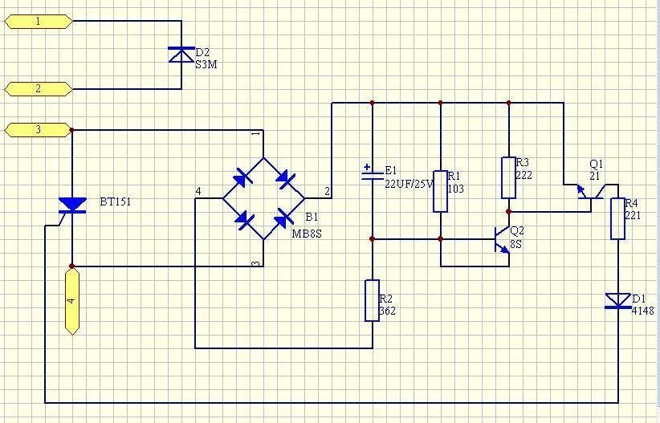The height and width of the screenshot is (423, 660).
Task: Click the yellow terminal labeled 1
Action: [x=39, y=22]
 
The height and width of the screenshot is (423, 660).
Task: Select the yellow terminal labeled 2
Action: [x=39, y=89]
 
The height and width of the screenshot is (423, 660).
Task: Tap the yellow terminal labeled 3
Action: [x=39, y=130]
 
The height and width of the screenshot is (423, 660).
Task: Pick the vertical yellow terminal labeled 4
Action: [x=72, y=301]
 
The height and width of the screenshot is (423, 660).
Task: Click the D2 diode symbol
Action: [x=181, y=55]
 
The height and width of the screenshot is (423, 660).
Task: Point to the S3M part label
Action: [x=206, y=65]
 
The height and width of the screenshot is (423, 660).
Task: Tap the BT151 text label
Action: [x=116, y=201]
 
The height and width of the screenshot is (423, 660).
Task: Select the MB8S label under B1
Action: [x=307, y=234]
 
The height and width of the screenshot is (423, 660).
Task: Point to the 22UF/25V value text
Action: [x=409, y=184]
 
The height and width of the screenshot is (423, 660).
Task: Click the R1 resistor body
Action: [x=440, y=191]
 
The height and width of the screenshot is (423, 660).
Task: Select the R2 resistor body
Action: [x=372, y=300]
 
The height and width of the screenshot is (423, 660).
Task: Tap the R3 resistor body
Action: [x=508, y=177]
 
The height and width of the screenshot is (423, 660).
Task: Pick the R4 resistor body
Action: [x=617, y=218]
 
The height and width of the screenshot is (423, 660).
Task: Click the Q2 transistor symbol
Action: [x=502, y=239]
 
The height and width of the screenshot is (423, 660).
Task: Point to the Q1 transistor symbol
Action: [x=591, y=192]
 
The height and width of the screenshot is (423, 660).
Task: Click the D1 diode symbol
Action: [x=617, y=301]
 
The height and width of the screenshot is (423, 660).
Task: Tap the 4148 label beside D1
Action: [x=643, y=311]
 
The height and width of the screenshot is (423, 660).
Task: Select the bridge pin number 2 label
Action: [x=327, y=192]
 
